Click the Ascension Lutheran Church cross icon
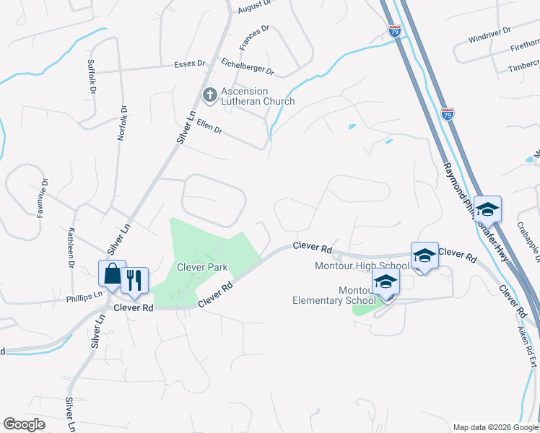point(210,95)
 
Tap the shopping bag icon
point(112,274)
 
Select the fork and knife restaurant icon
point(134,281)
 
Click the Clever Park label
point(203,267)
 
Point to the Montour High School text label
point(362,266)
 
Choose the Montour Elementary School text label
point(334,295)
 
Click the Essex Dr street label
point(191,64)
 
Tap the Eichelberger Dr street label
point(248,67)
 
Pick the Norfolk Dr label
point(122,123)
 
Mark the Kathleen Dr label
point(71,248)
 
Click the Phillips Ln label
point(84,296)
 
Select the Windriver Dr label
point(489,34)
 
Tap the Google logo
point(24,424)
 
